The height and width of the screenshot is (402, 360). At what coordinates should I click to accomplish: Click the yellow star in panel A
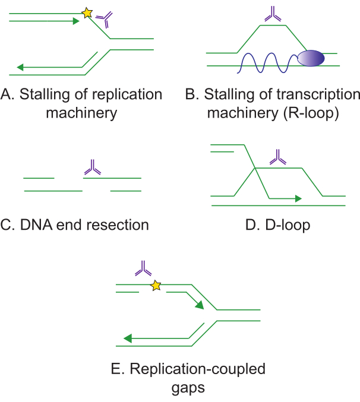point(87,13)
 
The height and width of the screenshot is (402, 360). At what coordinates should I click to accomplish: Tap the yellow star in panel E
point(156,286)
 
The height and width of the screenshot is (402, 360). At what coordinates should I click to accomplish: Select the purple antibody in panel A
point(105,20)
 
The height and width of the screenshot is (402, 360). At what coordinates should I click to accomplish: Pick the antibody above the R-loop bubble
point(273,14)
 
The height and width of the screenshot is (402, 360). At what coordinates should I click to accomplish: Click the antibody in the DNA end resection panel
point(93,167)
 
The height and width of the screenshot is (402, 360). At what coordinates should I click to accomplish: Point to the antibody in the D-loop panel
point(278,157)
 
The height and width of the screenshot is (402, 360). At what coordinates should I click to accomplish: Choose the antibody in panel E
point(143,268)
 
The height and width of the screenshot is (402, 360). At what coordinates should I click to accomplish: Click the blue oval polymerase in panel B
point(311,58)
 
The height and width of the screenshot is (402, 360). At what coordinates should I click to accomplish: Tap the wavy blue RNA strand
point(267,63)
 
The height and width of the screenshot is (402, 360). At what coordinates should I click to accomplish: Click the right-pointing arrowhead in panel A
point(76,21)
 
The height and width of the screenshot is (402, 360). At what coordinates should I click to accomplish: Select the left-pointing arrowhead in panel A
point(20,67)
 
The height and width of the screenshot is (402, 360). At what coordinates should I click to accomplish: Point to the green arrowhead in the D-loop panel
point(298,198)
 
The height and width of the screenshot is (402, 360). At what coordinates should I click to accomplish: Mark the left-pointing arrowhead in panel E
point(128,338)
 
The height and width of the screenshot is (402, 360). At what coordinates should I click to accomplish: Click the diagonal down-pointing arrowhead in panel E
point(200,305)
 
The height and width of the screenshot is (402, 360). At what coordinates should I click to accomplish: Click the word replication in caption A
point(127,94)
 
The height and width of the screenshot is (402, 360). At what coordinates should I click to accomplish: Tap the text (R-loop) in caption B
point(311,113)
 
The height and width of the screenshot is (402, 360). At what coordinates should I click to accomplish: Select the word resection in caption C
point(118,225)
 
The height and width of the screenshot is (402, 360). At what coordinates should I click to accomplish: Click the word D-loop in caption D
point(288,225)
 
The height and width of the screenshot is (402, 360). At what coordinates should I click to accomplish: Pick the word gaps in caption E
point(188,388)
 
